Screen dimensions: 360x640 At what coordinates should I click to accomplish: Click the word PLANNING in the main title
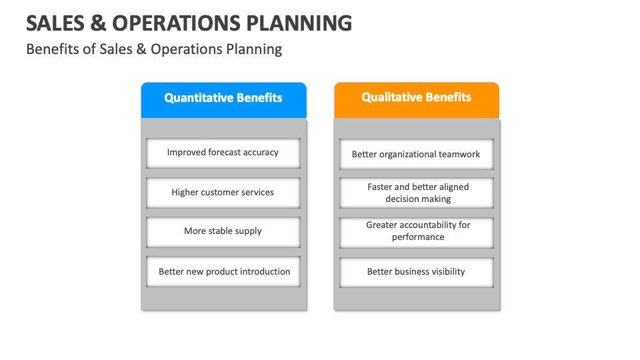(x=299, y=23)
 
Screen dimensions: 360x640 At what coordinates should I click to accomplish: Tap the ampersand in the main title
(x=97, y=23)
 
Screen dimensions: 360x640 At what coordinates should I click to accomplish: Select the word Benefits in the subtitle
(x=52, y=49)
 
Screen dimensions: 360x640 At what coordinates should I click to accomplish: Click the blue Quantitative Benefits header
(x=223, y=99)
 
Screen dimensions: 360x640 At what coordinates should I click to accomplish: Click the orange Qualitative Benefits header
(x=416, y=98)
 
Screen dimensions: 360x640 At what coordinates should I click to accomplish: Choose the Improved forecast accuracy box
(x=223, y=153)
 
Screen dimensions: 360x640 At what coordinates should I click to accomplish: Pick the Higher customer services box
(x=223, y=192)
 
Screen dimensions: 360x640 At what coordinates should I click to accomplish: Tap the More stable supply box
(x=223, y=231)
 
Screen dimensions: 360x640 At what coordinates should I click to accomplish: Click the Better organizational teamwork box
(x=416, y=154)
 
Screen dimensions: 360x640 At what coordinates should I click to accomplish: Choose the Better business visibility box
(x=416, y=271)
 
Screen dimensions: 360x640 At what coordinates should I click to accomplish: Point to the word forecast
(x=225, y=153)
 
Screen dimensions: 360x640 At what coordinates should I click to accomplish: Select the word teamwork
(x=459, y=154)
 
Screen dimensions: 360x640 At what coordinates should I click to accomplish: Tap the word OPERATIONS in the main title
(x=177, y=23)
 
